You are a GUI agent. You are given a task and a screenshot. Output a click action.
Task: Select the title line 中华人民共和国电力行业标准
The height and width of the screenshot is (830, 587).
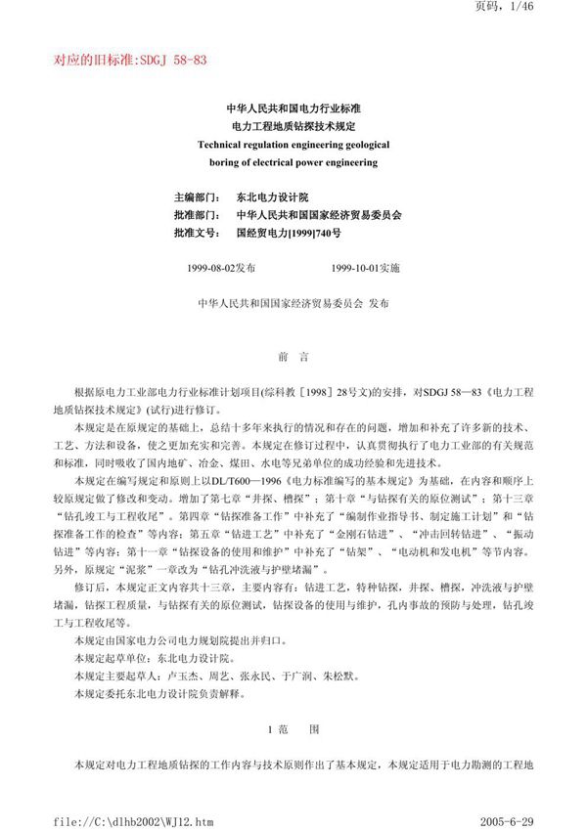pyautogui.click(x=293, y=109)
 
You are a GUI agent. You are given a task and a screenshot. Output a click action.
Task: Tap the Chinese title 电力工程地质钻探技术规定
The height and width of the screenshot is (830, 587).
pyautogui.click(x=293, y=127)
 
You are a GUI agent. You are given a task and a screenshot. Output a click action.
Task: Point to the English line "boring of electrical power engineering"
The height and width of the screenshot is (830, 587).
pyautogui.click(x=293, y=162)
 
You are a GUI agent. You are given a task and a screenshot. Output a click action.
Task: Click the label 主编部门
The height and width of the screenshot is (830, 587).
pyautogui.click(x=196, y=197)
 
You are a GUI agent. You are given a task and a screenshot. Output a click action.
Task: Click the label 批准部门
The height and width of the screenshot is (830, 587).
pyautogui.click(x=196, y=215)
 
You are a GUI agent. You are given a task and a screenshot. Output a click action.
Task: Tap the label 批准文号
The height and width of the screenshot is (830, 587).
pyautogui.click(x=196, y=234)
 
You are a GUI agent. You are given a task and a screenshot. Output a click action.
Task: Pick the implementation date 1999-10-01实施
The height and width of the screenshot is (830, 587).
pyautogui.click(x=365, y=268)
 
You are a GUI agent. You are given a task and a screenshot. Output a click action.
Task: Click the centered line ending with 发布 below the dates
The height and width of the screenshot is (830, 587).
pyautogui.click(x=293, y=304)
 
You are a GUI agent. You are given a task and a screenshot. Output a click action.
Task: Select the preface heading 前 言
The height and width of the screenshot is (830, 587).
pyautogui.click(x=293, y=358)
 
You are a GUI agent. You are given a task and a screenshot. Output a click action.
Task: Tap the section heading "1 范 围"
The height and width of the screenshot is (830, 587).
pyautogui.click(x=293, y=728)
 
